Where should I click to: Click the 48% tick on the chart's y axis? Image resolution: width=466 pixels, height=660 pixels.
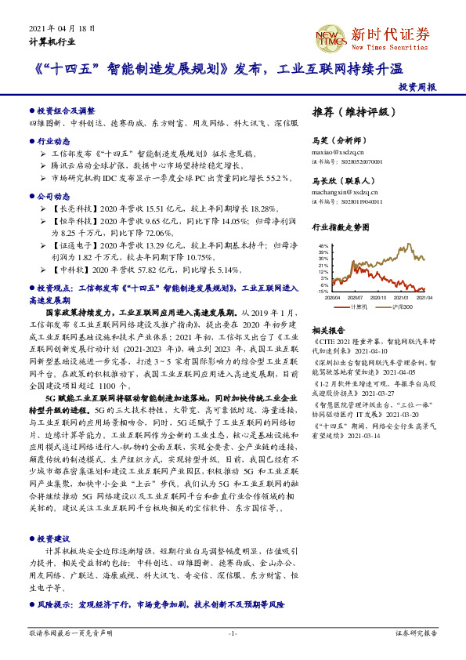point(323,245)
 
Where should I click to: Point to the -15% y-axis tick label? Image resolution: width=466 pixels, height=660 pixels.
point(323,291)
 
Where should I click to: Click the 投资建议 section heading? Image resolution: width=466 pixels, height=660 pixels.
point(53,539)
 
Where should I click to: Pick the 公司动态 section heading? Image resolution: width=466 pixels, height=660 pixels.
point(53,198)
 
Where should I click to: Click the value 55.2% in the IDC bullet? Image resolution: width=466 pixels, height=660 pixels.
point(266,180)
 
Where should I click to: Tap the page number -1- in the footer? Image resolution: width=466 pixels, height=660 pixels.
point(233,632)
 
